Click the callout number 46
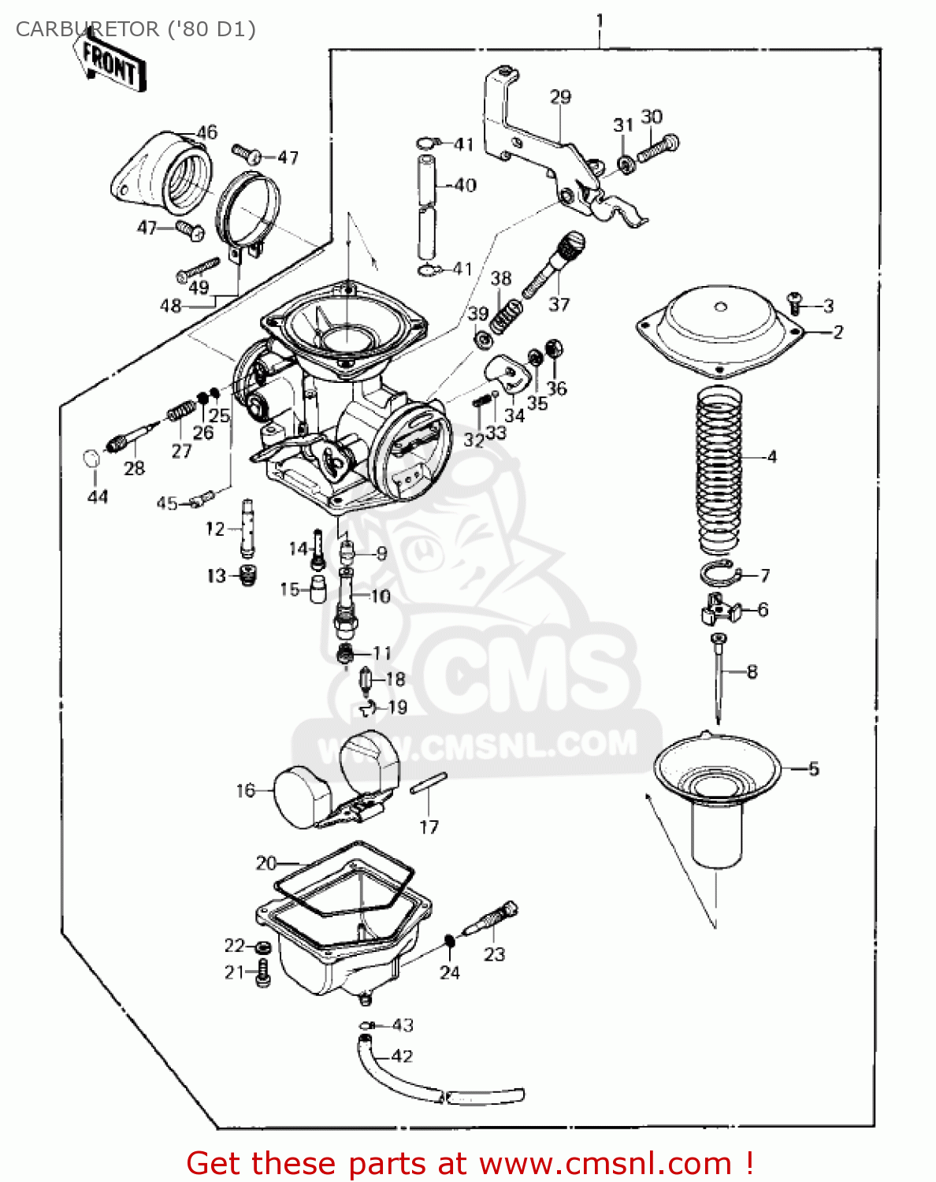[x=206, y=132]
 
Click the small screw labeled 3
[x=795, y=300]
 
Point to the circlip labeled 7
[x=717, y=574]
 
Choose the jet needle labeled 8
[x=718, y=678]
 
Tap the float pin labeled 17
[x=429, y=782]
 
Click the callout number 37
[x=559, y=304]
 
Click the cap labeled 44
[x=92, y=459]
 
